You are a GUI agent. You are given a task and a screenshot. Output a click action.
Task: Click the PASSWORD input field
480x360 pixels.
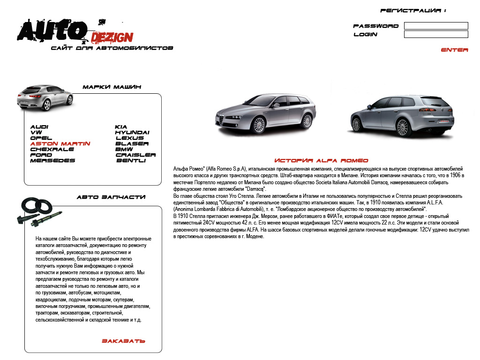click(x=436, y=26)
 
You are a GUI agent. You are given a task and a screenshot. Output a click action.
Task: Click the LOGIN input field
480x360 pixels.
click(x=436, y=34)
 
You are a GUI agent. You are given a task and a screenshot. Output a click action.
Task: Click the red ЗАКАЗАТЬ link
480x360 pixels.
click(x=123, y=341)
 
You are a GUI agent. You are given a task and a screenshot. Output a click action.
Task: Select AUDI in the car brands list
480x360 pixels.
click(x=39, y=127)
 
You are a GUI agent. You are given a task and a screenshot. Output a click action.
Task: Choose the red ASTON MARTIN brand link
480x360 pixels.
click(x=60, y=144)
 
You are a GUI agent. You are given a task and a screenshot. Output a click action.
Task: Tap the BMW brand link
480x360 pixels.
click(x=124, y=150)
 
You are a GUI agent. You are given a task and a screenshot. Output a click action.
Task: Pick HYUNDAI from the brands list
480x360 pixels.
click(x=132, y=133)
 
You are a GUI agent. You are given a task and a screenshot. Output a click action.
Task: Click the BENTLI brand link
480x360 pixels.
click(x=131, y=161)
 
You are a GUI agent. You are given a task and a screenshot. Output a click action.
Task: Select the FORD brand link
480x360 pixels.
click(x=41, y=155)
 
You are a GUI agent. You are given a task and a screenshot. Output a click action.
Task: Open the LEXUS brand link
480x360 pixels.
click(x=130, y=138)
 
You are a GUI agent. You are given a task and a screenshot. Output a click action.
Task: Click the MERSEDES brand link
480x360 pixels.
click(x=52, y=161)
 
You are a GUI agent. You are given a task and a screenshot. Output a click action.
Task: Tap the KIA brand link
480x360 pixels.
click(x=121, y=127)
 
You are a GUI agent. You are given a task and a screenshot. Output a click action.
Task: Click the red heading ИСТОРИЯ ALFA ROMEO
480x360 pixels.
click(x=321, y=161)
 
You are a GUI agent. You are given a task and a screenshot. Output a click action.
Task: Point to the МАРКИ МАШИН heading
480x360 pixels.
click(x=112, y=87)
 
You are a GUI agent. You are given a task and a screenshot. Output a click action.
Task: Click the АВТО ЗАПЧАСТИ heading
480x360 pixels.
click(x=111, y=197)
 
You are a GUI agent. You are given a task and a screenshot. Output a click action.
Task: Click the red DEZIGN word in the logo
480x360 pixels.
click(x=112, y=37)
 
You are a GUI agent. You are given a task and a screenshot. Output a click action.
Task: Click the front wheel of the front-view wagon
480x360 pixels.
click(x=257, y=125)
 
